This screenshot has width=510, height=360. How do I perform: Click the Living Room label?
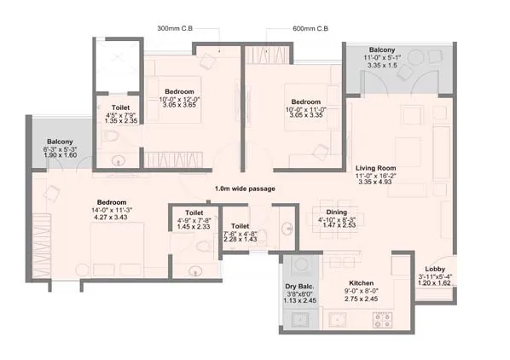[x=375, y=168]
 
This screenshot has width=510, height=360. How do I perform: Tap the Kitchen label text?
[x=361, y=283]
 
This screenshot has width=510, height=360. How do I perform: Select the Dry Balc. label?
[x=299, y=287]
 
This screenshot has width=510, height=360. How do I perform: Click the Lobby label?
[x=435, y=269]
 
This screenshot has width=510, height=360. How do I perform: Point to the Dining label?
[x=337, y=212]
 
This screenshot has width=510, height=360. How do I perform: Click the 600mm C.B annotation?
[x=310, y=29]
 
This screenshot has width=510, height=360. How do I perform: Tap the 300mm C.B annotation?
[x=175, y=28]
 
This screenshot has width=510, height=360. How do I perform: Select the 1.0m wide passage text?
[x=245, y=189]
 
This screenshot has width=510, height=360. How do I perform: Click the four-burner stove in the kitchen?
[x=382, y=320]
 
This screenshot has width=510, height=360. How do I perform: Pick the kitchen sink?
[x=337, y=320]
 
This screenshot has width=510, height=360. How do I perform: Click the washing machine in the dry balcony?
[x=299, y=264]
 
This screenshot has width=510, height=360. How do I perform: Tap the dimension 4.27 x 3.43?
[x=111, y=218]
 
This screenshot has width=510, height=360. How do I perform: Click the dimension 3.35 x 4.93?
[x=375, y=182]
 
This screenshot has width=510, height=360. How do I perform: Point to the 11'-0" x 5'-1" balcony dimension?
[x=382, y=57]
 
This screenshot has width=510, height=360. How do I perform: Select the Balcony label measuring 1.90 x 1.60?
[x=60, y=142]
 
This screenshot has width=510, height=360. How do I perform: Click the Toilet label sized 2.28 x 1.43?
[x=240, y=226]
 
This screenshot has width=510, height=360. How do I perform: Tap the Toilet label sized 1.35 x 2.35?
[x=120, y=107]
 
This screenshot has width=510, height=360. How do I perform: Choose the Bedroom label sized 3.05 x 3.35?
[x=305, y=102]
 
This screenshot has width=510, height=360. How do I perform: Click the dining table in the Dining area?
[x=334, y=219]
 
